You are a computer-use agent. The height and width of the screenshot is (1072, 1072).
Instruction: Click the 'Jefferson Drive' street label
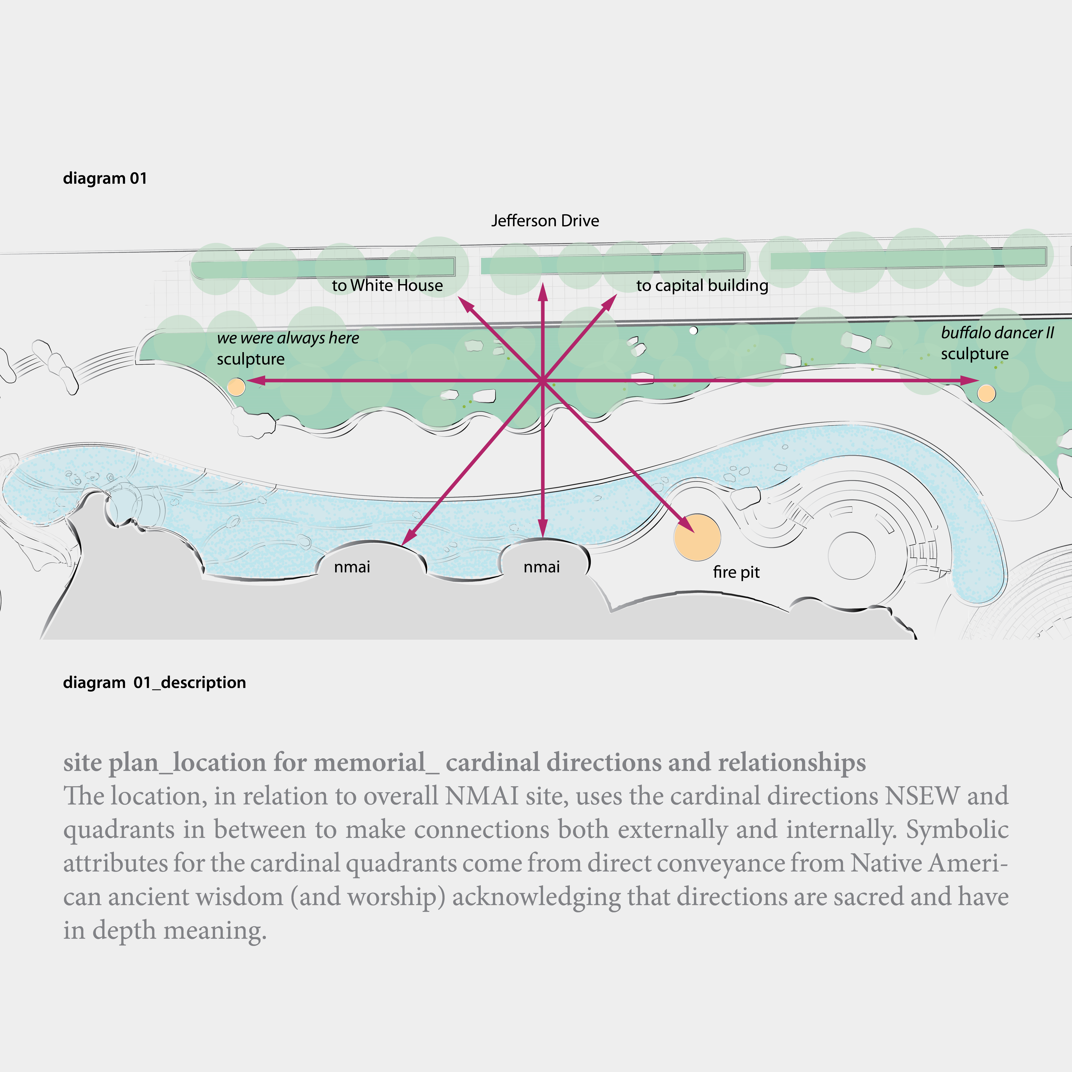(545, 221)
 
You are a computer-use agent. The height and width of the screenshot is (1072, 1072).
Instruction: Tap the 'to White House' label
(387, 285)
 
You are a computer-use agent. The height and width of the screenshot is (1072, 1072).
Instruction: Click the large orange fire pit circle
(697, 537)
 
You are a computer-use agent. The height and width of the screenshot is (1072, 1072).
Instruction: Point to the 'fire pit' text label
(736, 572)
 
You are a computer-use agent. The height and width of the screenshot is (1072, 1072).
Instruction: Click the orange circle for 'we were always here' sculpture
(236, 387)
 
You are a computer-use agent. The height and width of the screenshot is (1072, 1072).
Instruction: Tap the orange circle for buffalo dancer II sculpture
(986, 393)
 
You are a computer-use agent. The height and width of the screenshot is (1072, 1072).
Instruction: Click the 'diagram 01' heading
(105, 178)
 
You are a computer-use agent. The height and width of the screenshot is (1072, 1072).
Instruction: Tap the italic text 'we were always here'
(288, 338)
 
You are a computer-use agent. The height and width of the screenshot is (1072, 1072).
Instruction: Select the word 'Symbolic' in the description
(957, 829)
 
